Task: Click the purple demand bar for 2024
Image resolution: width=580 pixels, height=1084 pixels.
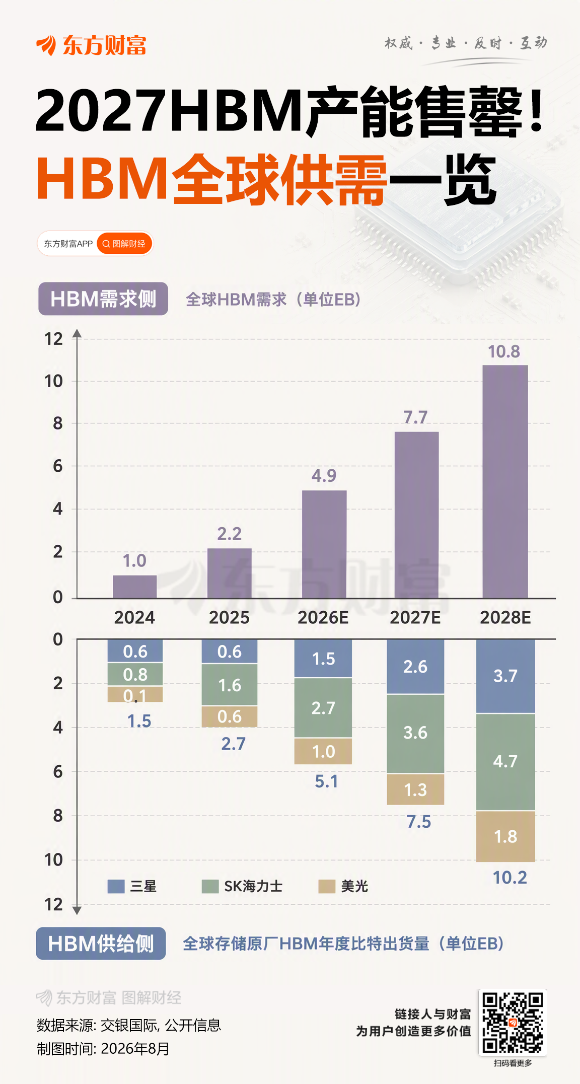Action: (134, 587)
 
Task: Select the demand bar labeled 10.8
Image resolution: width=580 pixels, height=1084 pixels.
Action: (505, 482)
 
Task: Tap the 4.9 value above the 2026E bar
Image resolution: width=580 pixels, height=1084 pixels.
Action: (324, 475)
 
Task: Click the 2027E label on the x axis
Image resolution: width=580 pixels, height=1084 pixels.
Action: (415, 617)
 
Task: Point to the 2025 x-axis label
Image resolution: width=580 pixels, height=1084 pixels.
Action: (229, 617)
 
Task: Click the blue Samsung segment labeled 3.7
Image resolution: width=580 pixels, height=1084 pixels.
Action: (505, 676)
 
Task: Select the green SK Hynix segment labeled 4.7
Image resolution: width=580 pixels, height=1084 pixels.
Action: (505, 762)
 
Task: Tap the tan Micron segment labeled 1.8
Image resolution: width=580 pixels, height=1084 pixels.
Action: (505, 836)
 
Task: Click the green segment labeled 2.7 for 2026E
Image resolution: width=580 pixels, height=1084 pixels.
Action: (323, 708)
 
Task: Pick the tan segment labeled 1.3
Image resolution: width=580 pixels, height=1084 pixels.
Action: (415, 789)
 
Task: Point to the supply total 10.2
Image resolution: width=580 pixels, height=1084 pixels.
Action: (510, 878)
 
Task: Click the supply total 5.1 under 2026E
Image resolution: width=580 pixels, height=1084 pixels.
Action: (326, 781)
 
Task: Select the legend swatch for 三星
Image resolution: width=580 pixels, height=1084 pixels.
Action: (116, 886)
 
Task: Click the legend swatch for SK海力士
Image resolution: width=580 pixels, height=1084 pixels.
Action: (210, 886)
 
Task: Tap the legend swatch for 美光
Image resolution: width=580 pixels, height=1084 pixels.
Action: (327, 886)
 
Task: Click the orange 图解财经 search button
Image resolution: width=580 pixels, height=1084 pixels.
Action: (124, 244)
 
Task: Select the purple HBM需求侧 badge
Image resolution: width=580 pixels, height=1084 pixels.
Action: (103, 299)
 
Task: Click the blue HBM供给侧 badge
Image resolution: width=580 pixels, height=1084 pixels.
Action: (101, 944)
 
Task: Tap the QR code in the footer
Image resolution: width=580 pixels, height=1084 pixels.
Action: (513, 1022)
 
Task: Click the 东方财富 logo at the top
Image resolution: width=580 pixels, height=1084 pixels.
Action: (91, 45)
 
